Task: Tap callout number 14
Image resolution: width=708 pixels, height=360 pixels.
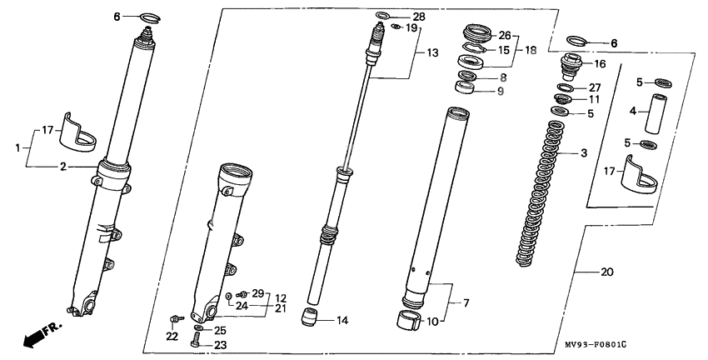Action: (342, 321)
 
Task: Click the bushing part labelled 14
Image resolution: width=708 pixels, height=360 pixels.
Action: (309, 317)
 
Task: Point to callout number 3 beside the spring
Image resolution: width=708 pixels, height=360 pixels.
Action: (584, 153)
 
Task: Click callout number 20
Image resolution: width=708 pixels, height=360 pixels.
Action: (607, 272)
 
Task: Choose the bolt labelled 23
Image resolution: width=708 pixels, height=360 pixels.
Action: (196, 340)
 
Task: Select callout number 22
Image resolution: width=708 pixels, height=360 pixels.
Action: (172, 337)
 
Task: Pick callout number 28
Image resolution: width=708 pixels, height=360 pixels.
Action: (419, 17)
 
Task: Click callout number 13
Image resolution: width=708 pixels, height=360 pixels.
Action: (432, 53)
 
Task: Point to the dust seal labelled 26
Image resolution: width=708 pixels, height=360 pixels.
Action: (477, 34)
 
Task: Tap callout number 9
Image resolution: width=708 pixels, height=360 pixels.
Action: (501, 91)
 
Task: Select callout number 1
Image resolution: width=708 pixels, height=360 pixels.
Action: (17, 147)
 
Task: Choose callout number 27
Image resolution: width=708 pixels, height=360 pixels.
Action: (595, 87)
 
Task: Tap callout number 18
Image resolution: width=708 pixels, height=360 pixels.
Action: (531, 50)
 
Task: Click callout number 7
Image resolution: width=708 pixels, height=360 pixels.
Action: (466, 302)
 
